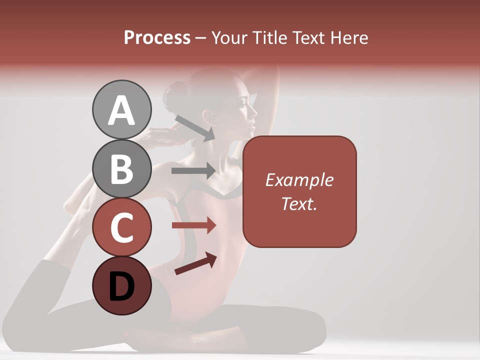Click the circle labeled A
121,110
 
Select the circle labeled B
121,168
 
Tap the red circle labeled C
121,227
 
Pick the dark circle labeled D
121,286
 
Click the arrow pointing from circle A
194,128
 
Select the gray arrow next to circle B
193,170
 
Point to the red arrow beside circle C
193,225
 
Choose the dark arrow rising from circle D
195,263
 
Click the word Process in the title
157,37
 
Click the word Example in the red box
299,180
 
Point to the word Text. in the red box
299,203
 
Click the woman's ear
209,117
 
